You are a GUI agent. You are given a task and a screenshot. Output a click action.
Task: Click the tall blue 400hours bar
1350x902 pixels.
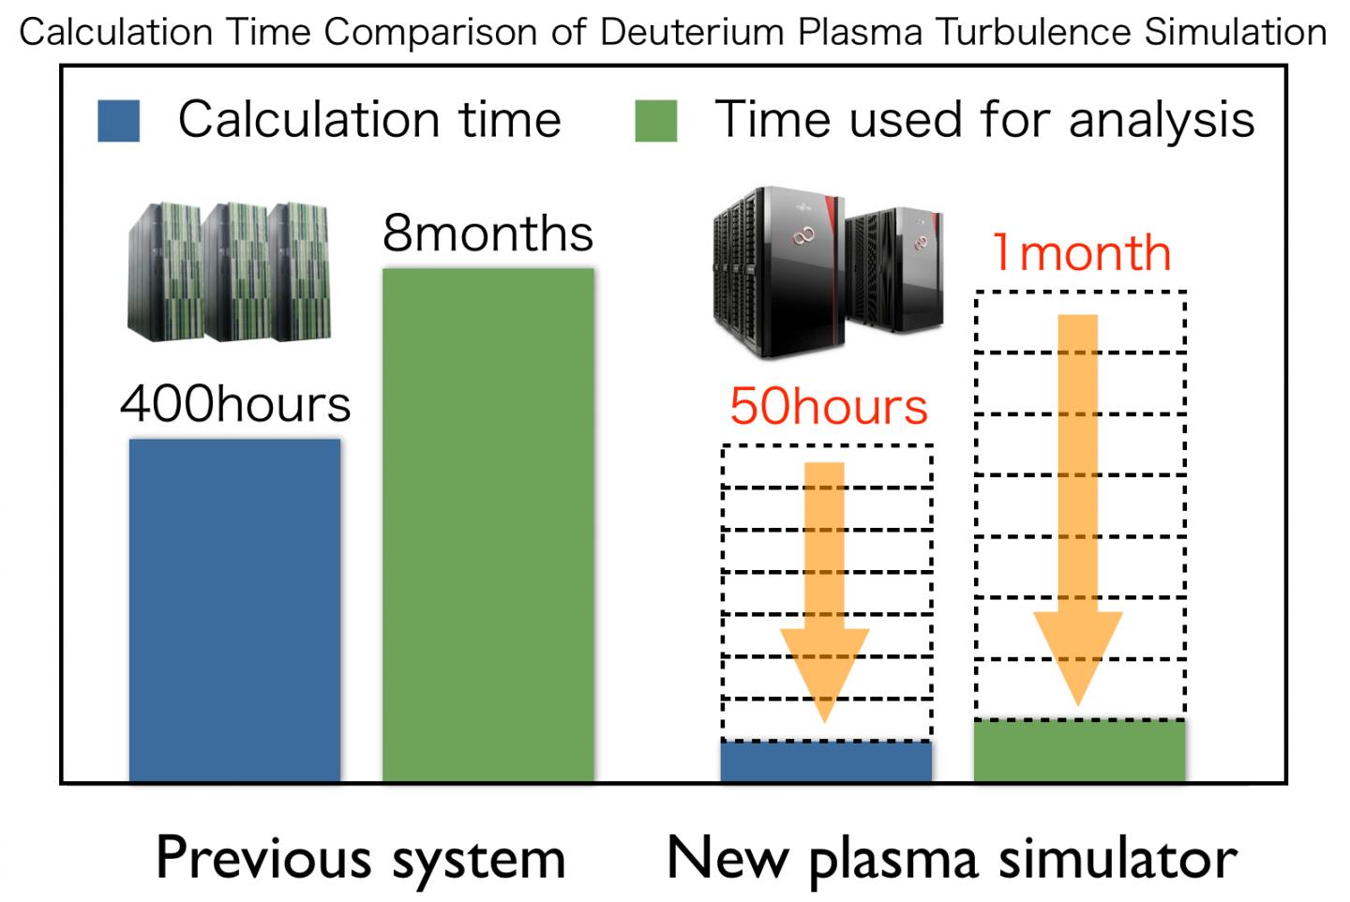[234, 609]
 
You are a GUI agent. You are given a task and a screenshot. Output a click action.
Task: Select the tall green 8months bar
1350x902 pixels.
[487, 525]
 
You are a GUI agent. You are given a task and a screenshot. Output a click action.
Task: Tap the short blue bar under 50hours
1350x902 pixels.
[826, 760]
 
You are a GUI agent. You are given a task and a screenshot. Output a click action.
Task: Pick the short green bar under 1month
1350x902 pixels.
[1080, 750]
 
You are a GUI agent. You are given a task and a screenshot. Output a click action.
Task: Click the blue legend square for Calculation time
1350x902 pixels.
[119, 121]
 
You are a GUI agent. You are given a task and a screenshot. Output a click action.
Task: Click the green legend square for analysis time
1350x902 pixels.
[655, 121]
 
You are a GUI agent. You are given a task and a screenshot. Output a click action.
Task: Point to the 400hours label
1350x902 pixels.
[235, 404]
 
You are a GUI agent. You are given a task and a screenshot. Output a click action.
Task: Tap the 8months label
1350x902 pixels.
[487, 233]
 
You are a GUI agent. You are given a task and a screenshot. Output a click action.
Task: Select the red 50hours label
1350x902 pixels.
[829, 406]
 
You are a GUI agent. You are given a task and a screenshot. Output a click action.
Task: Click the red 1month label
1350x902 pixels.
[1081, 253]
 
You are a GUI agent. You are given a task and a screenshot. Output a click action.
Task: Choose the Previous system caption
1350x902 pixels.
[361, 858]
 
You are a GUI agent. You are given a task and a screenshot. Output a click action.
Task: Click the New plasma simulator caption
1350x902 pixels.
[952, 858]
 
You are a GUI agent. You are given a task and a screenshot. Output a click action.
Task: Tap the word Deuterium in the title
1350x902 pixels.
[692, 32]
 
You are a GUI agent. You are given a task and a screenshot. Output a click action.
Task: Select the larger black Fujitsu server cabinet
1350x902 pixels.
[778, 272]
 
